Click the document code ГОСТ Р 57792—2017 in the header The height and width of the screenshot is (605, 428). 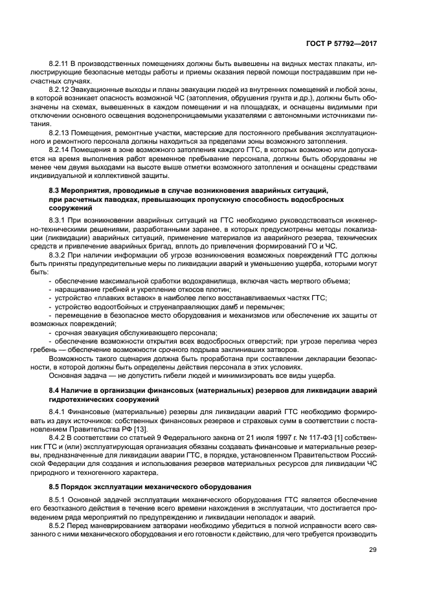[x=341, y=43]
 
